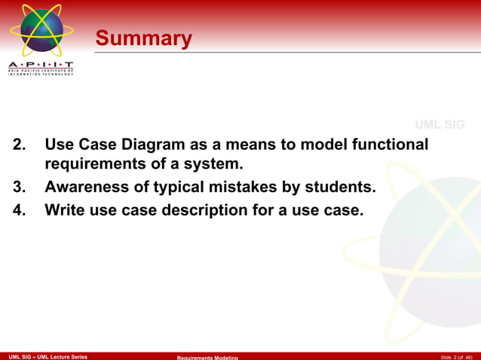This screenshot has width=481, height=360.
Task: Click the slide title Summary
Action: pyautogui.click(x=143, y=38)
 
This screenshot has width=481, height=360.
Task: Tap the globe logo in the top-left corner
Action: pyautogui.click(x=41, y=30)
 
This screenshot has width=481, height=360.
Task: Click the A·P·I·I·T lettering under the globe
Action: pyautogui.click(x=41, y=65)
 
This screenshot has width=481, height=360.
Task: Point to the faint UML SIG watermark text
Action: pyautogui.click(x=440, y=124)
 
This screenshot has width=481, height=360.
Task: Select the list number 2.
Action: pyautogui.click(x=20, y=144)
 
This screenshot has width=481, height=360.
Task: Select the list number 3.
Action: pyautogui.click(x=20, y=188)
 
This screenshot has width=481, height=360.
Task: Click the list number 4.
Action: pyautogui.click(x=20, y=211)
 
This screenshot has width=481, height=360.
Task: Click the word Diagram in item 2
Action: pyautogui.click(x=170, y=144)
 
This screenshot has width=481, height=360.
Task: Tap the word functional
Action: pyautogui.click(x=391, y=144)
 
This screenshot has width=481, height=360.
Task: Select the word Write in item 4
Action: pyautogui.click(x=65, y=211)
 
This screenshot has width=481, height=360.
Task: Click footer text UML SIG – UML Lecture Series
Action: pyautogui.click(x=47, y=356)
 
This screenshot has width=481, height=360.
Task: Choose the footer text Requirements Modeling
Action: pyautogui.click(x=207, y=357)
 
